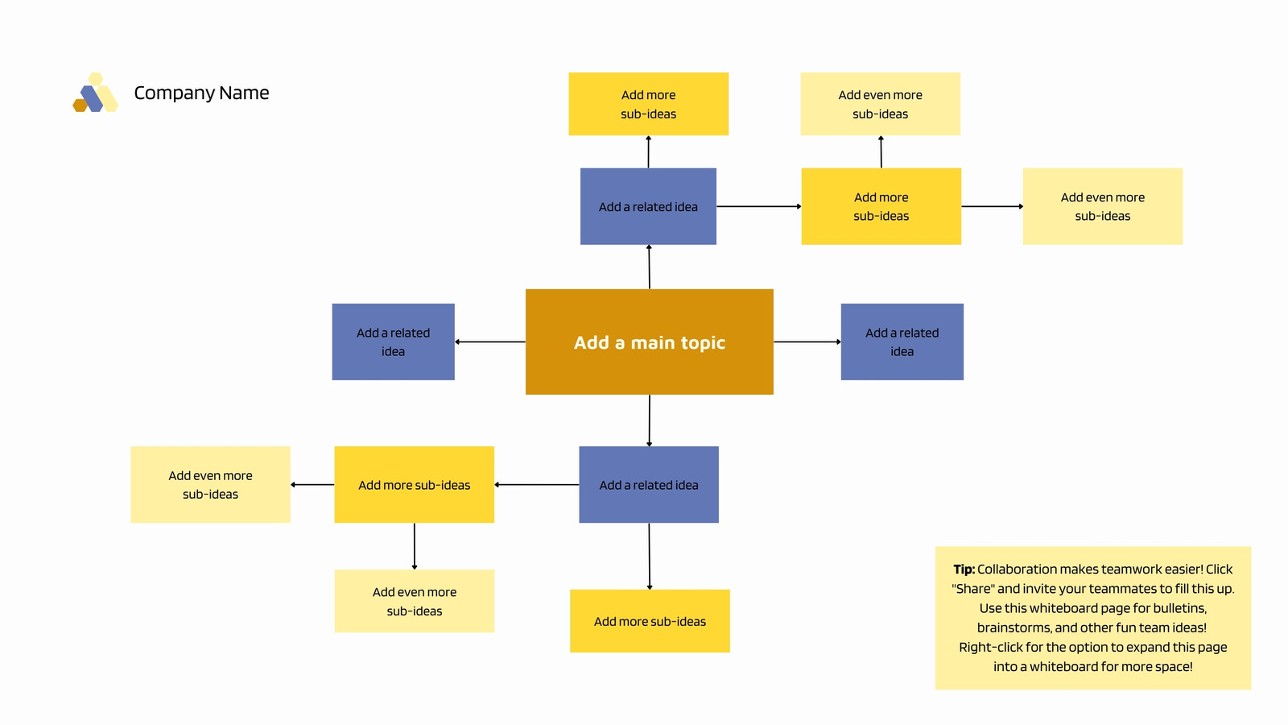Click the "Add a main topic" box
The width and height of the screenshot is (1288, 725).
pos(649,342)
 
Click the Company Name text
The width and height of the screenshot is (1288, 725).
pos(201,93)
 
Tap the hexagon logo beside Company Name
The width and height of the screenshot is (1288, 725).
pos(96,92)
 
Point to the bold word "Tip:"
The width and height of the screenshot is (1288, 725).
pos(964,569)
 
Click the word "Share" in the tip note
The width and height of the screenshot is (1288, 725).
pos(973,589)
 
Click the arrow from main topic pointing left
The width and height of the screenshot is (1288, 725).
pos(490,342)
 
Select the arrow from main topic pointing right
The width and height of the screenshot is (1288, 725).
pos(807,342)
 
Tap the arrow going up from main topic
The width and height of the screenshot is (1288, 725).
pos(649,267)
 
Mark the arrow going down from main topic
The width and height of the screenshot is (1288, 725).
pos(649,420)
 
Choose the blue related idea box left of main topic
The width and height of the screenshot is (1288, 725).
pos(394,342)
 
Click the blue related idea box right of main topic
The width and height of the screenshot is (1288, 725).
pos(902,342)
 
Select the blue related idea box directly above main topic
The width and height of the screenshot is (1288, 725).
pos(648,206)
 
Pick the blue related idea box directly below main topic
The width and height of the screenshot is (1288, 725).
pos(649,484)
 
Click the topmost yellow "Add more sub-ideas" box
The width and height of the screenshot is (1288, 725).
pos(649,104)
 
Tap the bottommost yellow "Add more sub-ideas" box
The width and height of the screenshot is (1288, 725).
pos(650,621)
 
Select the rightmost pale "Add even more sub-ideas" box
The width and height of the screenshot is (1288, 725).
pos(1103,206)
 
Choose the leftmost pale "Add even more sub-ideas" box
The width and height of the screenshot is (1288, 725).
pos(210,484)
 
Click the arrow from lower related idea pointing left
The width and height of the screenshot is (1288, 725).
pos(536,484)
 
